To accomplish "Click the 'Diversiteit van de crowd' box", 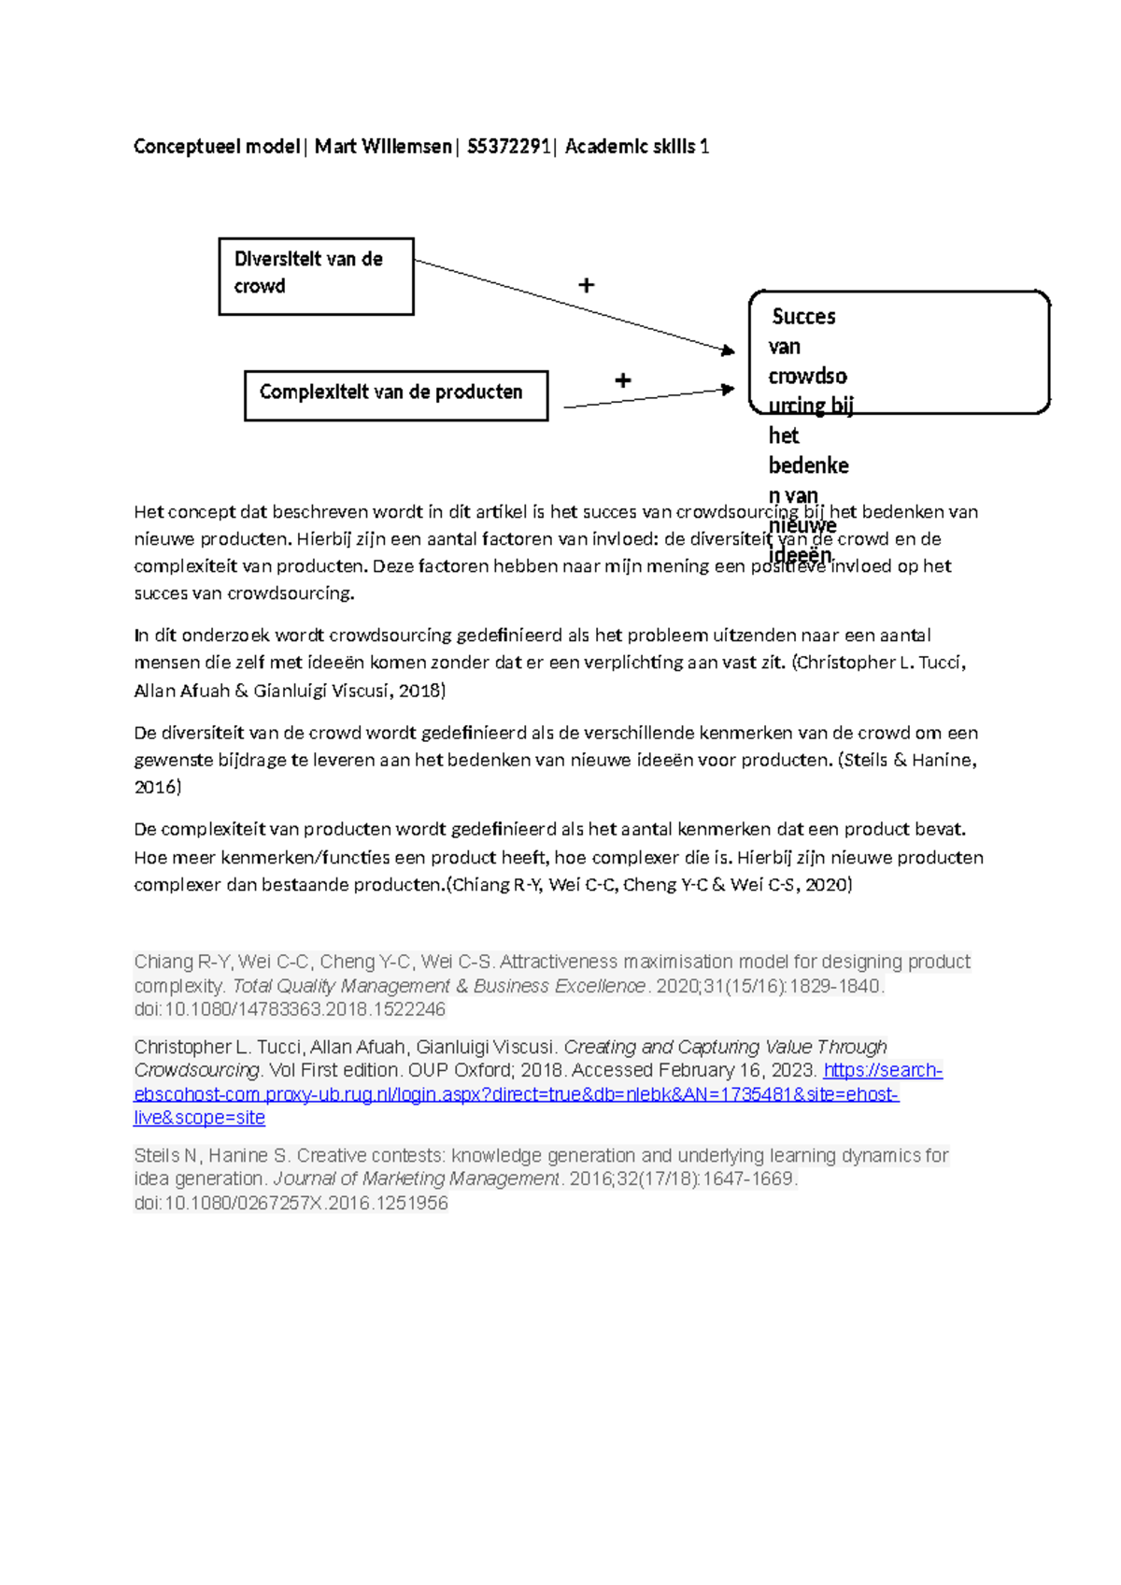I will (316, 276).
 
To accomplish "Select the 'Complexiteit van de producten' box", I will (395, 395).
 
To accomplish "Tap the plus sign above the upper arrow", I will (587, 285).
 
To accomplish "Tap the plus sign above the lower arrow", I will (623, 380).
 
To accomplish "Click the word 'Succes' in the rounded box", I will (803, 317).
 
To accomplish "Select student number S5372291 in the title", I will (508, 147).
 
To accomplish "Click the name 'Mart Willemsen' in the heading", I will (383, 147).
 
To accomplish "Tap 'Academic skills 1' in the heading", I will (637, 147).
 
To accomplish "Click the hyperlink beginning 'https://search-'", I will (882, 1071).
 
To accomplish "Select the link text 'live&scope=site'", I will (199, 1119).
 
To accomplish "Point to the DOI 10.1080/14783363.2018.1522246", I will (290, 1010).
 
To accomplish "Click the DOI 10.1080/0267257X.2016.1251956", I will (291, 1204).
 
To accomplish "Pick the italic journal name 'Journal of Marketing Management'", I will (416, 1179).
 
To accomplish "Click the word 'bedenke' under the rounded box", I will (808, 465).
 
